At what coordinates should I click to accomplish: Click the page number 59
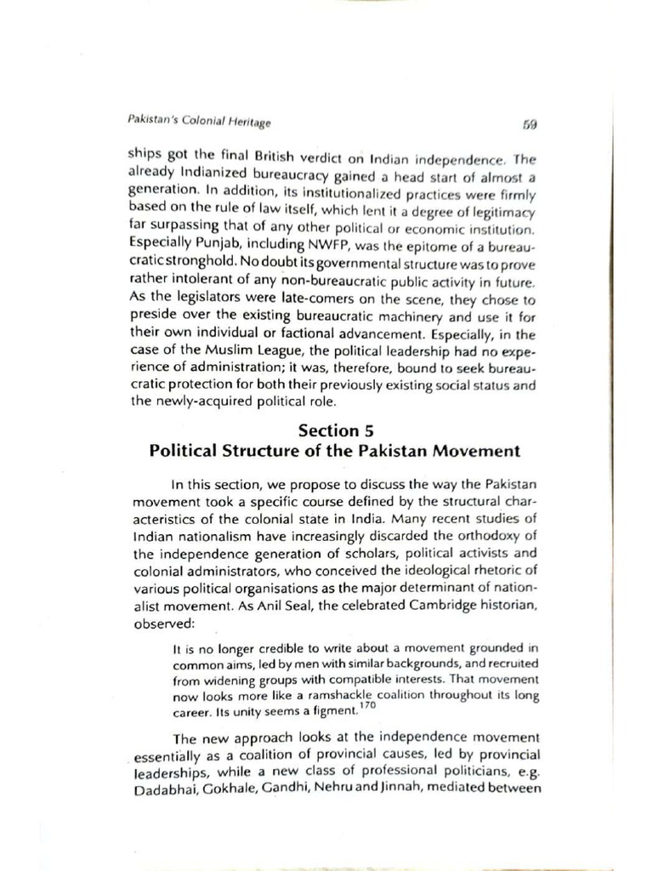click(x=530, y=124)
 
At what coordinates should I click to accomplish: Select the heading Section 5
click(x=334, y=430)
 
